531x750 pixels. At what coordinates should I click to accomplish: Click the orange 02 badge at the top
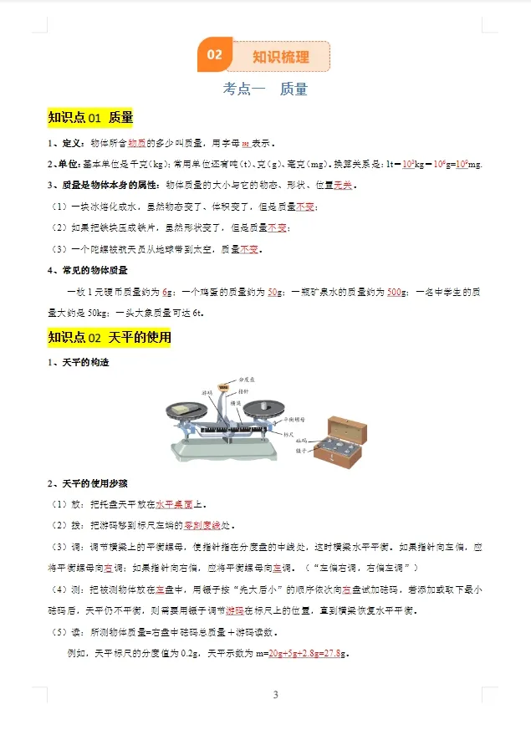coord(214,55)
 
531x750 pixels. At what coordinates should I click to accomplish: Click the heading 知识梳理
coord(281,57)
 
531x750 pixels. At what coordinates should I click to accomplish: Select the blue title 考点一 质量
coord(265,89)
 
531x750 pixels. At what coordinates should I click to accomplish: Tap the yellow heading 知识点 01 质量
coord(91,118)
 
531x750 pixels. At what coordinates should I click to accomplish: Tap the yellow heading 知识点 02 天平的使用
coord(110,337)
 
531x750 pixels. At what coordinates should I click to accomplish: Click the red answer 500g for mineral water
coord(398,292)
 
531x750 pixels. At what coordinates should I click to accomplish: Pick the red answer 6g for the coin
coord(167,292)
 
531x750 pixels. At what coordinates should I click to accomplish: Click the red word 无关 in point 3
coord(344,185)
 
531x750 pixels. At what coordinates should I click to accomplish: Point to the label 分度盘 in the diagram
coord(245,379)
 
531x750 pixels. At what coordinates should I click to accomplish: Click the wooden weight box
coord(340,441)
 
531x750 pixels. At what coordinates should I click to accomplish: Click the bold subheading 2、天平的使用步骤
coord(87,483)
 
